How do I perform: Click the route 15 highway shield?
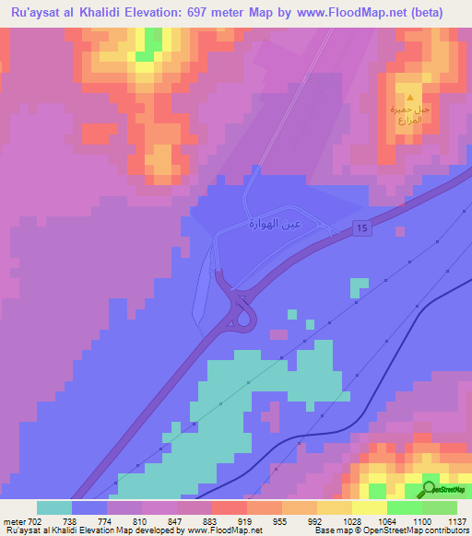364,227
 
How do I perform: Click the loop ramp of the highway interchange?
246,319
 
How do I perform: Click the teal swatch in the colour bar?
53,507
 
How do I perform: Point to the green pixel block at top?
145,55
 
